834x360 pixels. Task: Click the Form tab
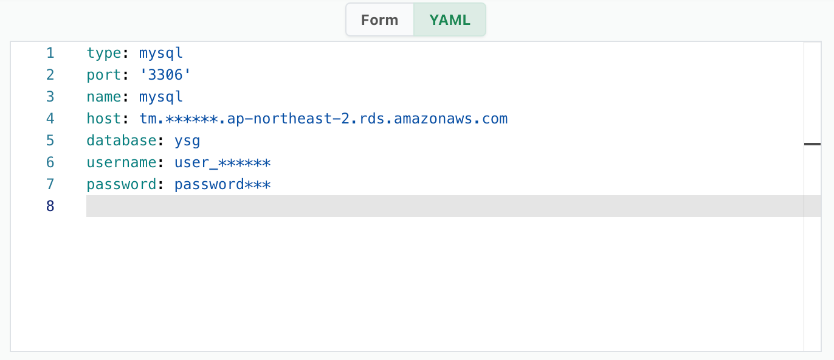(x=380, y=19)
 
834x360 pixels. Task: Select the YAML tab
(x=450, y=19)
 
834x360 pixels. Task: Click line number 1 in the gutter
(x=50, y=53)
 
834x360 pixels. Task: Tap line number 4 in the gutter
(x=50, y=119)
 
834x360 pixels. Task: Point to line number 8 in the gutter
(x=50, y=206)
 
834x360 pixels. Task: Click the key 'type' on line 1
(x=104, y=54)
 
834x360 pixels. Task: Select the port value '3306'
(x=165, y=75)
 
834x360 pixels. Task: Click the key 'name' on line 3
(x=104, y=97)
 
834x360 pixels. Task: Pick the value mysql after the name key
(x=161, y=97)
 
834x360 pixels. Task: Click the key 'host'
(x=104, y=119)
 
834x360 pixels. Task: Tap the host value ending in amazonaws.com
(x=323, y=119)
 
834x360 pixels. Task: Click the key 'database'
(x=122, y=140)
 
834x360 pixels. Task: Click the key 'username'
(x=122, y=163)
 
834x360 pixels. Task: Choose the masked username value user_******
(x=222, y=163)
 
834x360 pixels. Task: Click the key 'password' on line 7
(x=122, y=185)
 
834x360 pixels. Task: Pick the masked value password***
(x=222, y=185)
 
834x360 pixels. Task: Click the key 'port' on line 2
(x=104, y=75)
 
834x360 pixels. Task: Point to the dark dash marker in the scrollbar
(x=812, y=144)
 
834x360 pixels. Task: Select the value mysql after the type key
(x=161, y=54)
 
